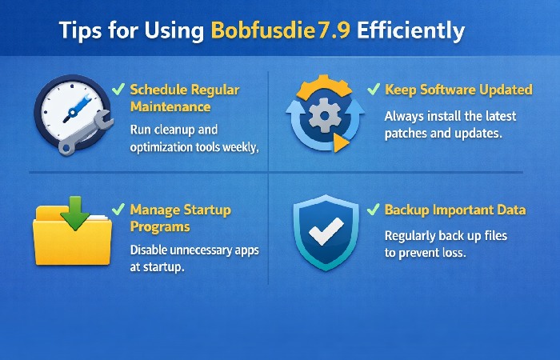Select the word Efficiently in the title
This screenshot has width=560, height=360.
click(411, 31)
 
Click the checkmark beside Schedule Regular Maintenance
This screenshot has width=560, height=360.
click(118, 88)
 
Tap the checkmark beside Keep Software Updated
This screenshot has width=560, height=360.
click(373, 89)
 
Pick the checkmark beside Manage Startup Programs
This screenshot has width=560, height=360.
click(118, 210)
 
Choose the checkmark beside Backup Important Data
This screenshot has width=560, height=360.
click(373, 210)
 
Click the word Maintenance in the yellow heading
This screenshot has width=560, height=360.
click(170, 106)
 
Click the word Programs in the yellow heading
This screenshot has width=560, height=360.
click(160, 227)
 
